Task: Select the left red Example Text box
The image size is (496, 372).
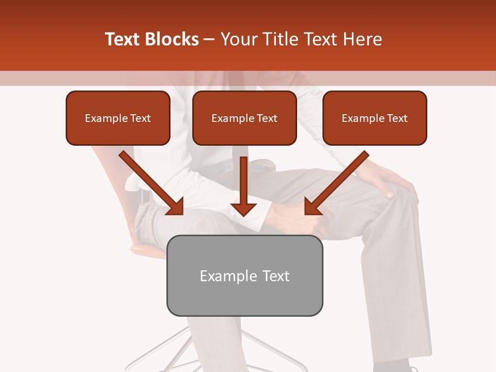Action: tap(118, 118)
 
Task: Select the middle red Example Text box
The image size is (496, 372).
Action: tap(244, 118)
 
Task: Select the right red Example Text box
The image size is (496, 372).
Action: tap(375, 118)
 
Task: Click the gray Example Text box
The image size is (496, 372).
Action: tap(244, 275)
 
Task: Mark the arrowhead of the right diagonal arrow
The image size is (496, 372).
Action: tap(312, 207)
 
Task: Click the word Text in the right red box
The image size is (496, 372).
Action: tap(397, 118)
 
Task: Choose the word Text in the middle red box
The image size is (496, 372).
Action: tap(267, 118)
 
